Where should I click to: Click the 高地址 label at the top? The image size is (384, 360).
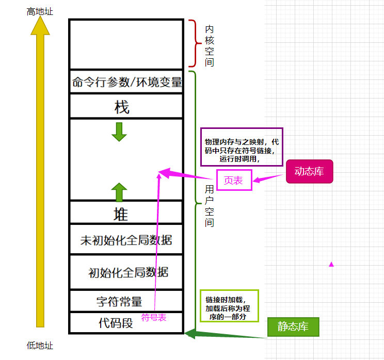click(40, 11)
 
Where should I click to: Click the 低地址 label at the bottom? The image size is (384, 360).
click(40, 346)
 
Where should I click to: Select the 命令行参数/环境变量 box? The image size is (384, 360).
click(127, 82)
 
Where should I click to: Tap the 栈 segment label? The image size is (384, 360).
click(122, 107)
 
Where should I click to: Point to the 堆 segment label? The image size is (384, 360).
click(120, 214)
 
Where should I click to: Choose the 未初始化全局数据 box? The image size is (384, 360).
click(126, 240)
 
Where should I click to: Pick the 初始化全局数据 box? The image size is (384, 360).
click(128, 272)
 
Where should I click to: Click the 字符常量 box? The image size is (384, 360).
click(119, 301)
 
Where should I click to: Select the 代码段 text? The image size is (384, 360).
click(116, 323)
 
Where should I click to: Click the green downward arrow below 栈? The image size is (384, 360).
click(119, 132)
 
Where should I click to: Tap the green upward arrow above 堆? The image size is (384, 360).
click(119, 192)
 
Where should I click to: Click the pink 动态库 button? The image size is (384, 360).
click(310, 172)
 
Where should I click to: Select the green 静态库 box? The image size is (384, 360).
click(293, 326)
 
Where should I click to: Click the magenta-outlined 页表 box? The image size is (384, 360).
click(234, 180)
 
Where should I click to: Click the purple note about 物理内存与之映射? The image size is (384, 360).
click(242, 147)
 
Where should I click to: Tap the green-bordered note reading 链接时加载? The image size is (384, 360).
click(229, 306)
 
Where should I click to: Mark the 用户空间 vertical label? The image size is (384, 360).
click(209, 206)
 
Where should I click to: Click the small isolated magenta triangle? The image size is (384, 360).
click(331, 264)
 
